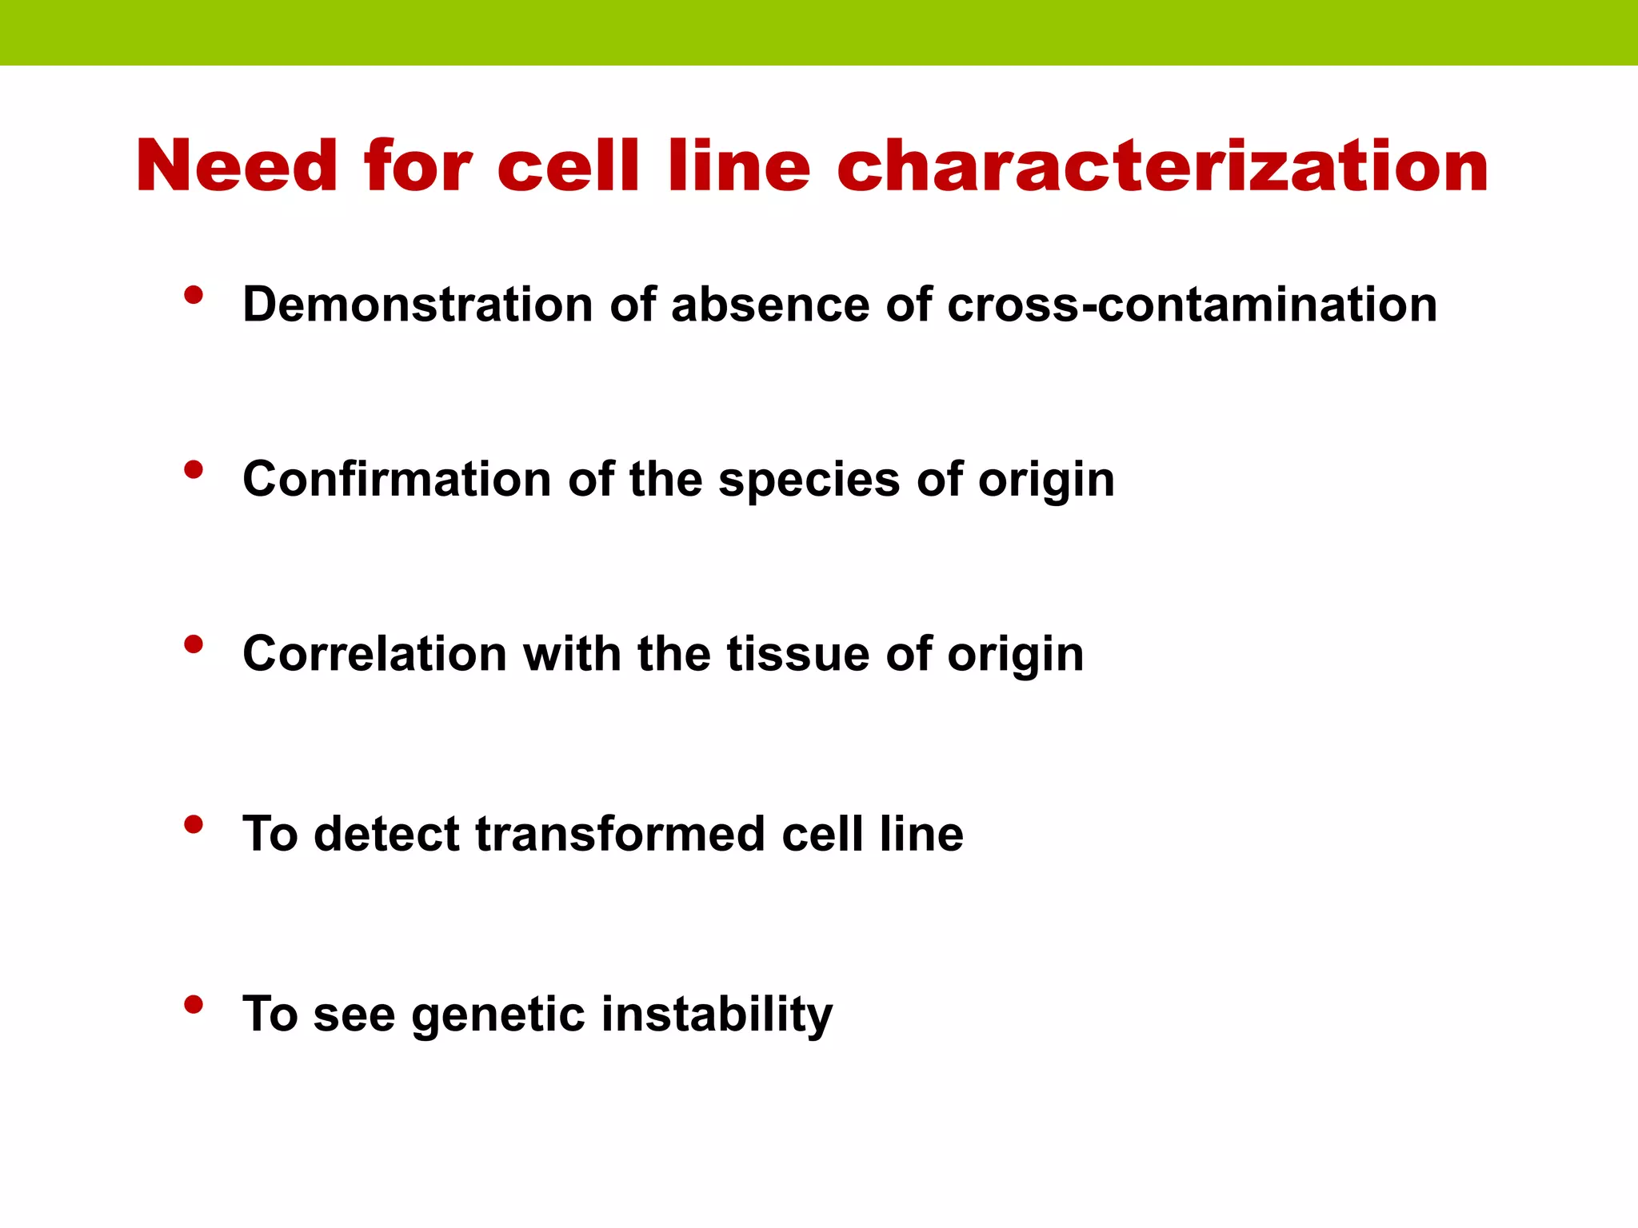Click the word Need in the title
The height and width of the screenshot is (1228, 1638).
tap(237, 166)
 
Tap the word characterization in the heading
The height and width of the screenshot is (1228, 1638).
tap(1162, 166)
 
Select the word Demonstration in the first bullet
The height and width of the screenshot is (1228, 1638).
tap(417, 305)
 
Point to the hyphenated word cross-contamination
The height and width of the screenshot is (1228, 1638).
tap(1192, 305)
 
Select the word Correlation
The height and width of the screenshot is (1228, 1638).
tap(374, 654)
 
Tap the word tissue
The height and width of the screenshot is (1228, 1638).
tap(797, 654)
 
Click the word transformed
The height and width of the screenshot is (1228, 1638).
tap(620, 834)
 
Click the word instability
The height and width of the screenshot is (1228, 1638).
tap(717, 1015)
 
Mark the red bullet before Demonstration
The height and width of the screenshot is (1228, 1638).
tap(193, 296)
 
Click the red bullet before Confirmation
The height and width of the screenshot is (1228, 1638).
tap(193, 470)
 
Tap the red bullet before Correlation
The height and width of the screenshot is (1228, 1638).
tap(193, 644)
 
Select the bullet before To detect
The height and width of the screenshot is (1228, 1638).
tap(193, 824)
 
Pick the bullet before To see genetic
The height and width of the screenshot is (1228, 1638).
tap(193, 1005)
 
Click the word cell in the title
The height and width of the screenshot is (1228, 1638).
tap(568, 166)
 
